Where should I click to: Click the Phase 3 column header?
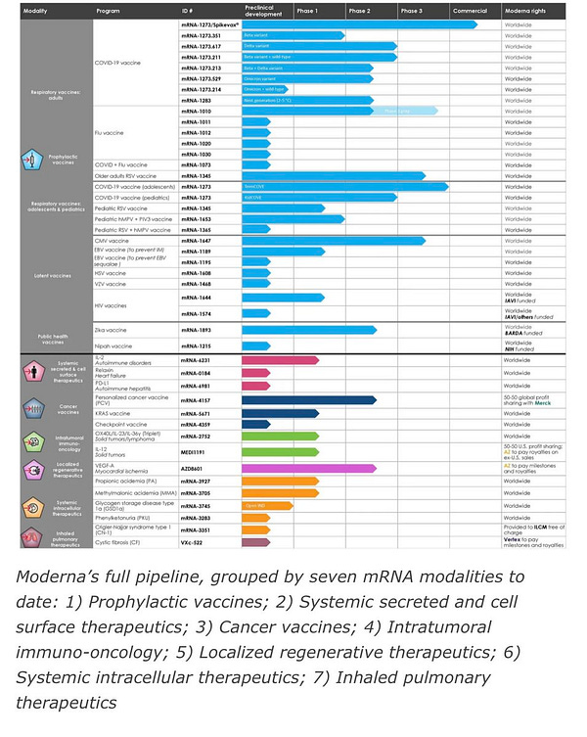click(x=411, y=11)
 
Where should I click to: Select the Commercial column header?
click(x=470, y=11)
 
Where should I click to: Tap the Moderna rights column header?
click(x=526, y=11)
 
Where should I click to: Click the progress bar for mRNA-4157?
click(x=308, y=400)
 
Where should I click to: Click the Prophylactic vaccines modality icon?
click(x=31, y=158)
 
